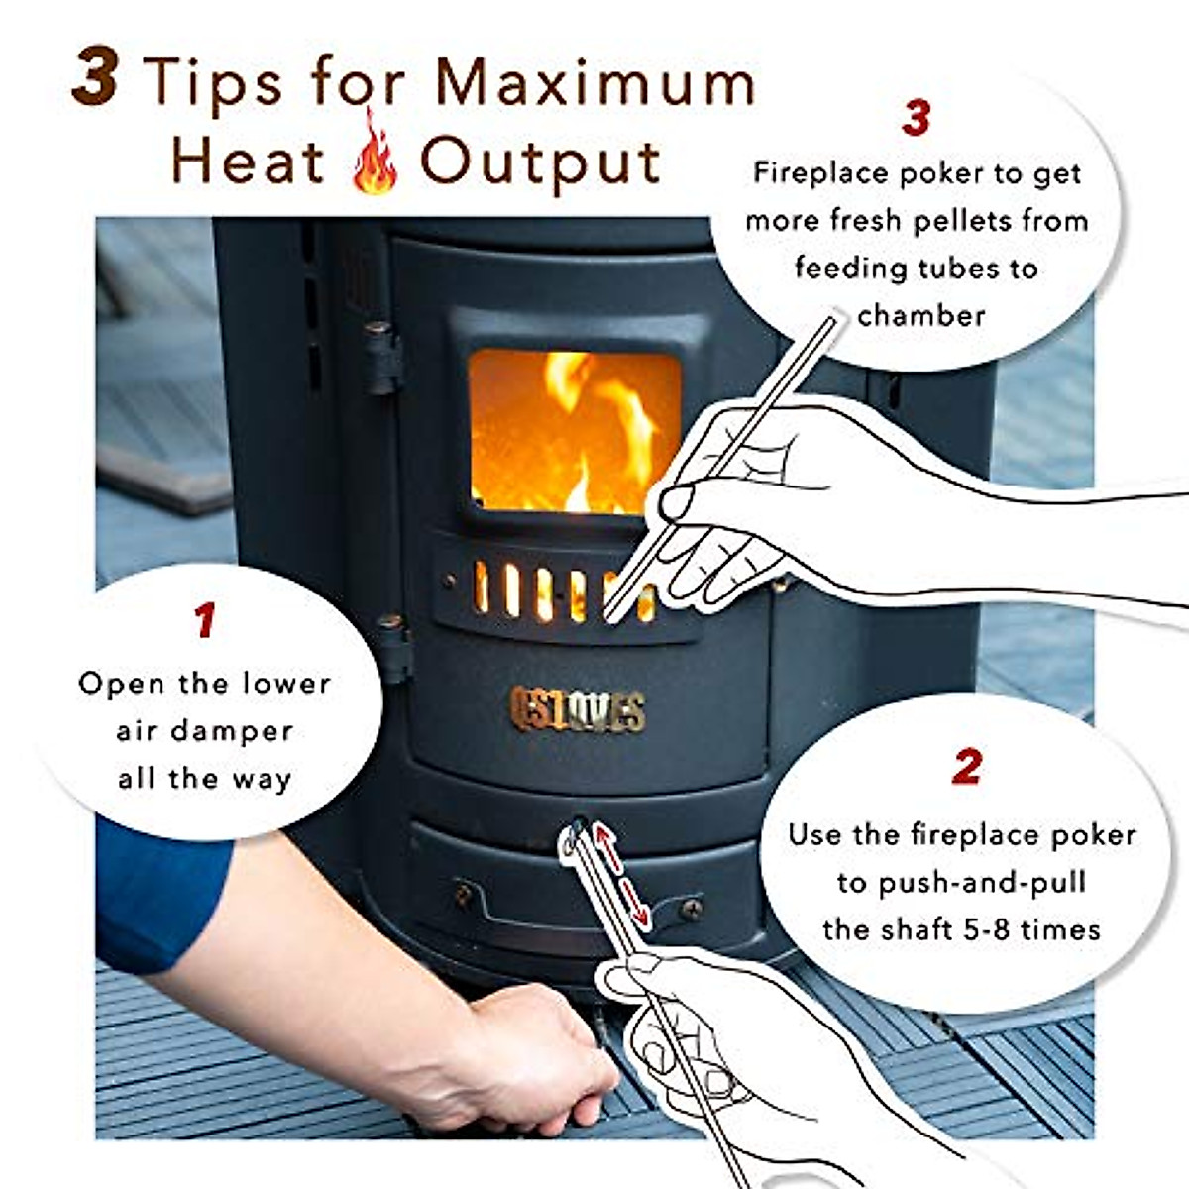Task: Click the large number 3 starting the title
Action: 96,77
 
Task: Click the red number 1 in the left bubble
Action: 205,621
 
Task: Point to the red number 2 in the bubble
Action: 966,767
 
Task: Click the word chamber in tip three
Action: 921,316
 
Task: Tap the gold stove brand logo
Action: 578,709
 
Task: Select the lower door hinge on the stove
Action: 392,644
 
